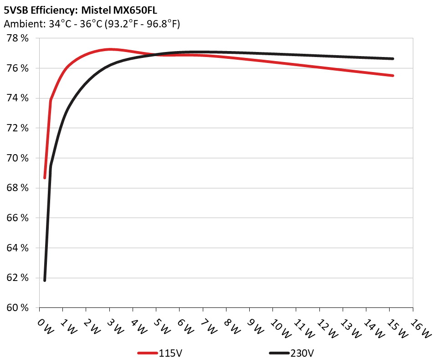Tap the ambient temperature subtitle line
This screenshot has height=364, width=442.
pos(92,24)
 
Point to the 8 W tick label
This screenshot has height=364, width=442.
pos(232,326)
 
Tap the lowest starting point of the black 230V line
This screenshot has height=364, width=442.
pos(45,280)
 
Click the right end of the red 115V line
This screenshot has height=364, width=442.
pos(392,75)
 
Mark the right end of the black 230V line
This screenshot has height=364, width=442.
pos(392,58)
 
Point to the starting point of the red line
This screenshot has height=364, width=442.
pos(45,177)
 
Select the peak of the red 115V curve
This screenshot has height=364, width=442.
pos(110,49)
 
